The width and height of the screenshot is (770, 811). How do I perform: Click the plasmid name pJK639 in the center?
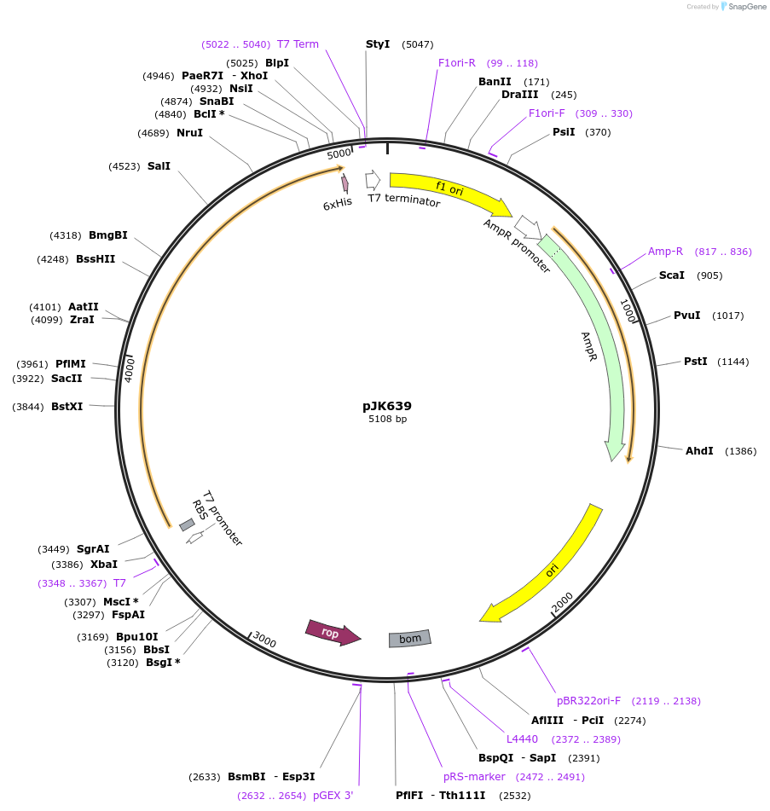click(x=387, y=406)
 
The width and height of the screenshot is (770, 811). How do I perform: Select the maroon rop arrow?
click(x=333, y=632)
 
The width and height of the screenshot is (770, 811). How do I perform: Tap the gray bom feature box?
click(x=410, y=639)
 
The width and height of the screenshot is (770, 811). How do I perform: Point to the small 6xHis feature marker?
click(x=345, y=183)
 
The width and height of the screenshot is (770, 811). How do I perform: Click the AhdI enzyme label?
click(x=699, y=450)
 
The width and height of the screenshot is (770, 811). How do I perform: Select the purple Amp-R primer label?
click(x=665, y=251)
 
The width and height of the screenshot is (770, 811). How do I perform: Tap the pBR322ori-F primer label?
click(x=588, y=700)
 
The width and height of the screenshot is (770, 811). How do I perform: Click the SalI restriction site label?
click(x=159, y=165)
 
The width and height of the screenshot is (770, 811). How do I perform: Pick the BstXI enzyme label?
click(x=67, y=407)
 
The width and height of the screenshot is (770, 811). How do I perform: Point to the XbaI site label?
click(x=104, y=564)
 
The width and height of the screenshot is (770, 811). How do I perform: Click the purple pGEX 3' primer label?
click(x=333, y=795)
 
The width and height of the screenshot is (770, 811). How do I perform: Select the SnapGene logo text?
click(x=747, y=7)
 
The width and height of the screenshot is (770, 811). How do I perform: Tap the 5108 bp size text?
click(x=387, y=419)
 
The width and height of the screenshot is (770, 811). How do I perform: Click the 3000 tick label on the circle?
click(x=265, y=640)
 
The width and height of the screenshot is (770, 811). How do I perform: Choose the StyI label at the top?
click(x=378, y=43)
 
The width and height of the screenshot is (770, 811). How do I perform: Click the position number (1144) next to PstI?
click(x=732, y=362)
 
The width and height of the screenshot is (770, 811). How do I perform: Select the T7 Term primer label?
click(x=298, y=43)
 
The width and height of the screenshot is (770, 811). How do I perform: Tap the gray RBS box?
click(x=187, y=524)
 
